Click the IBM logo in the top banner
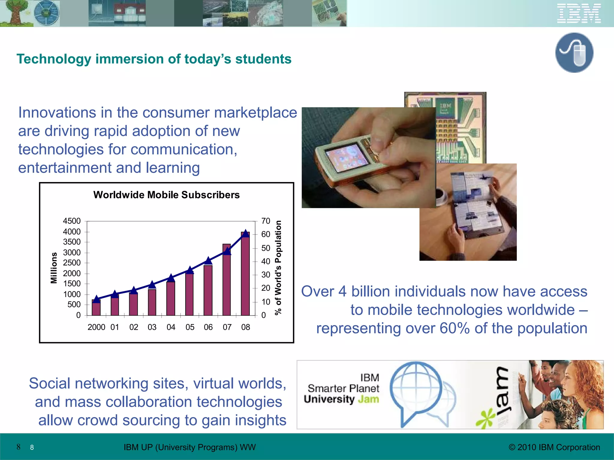point(579,13)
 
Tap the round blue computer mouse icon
point(574,53)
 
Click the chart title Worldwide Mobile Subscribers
point(166,195)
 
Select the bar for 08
point(245,274)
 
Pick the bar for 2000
point(96,308)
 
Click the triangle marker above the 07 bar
point(227,251)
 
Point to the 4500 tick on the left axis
point(72,221)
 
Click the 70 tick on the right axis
point(266,221)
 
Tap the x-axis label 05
point(190,327)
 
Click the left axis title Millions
point(54,268)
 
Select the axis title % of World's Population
point(279,268)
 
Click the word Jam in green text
point(368,399)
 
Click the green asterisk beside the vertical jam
point(485,418)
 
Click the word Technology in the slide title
point(54,59)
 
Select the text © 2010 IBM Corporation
point(554,447)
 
